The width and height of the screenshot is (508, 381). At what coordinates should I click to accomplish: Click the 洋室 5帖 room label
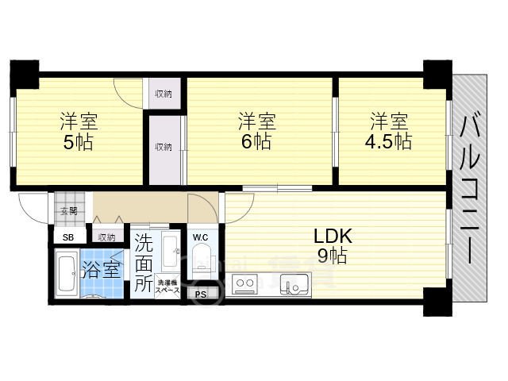78,133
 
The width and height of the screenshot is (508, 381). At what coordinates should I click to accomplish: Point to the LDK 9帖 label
332,246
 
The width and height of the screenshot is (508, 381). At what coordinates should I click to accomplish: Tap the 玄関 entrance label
67,211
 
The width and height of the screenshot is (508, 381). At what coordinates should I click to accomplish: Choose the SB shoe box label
67,237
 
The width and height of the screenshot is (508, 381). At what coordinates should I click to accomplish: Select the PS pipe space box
200,294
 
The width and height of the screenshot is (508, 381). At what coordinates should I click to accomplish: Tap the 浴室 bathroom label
103,268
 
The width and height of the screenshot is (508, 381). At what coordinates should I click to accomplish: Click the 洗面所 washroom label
144,263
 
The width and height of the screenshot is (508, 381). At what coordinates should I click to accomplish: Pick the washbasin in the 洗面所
169,252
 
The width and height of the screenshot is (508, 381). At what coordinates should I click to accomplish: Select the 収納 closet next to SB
106,237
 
